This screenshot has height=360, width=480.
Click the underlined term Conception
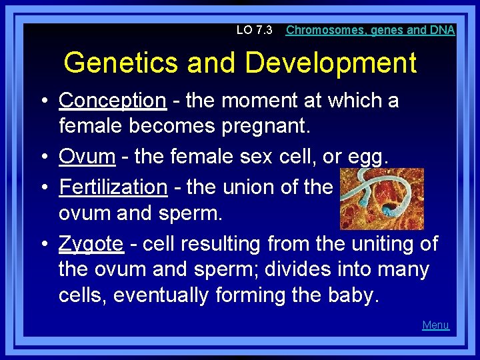[112, 101]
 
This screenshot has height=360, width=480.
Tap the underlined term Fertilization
[113, 187]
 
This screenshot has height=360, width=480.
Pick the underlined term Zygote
[91, 244]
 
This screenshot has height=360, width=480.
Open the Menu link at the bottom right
[435, 325]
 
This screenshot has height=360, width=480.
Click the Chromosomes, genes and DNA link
[370, 30]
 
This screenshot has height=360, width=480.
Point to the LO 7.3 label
[255, 30]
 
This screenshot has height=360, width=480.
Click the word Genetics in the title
[122, 63]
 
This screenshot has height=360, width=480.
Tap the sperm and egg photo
[381, 199]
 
